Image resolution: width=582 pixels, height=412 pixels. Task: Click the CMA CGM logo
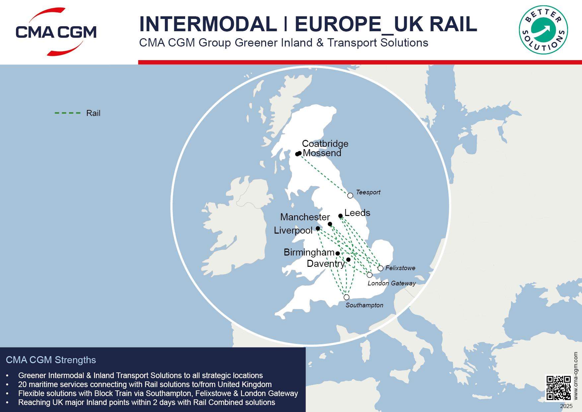pyautogui.click(x=56, y=32)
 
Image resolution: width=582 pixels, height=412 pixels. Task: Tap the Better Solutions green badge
pyautogui.click(x=543, y=30)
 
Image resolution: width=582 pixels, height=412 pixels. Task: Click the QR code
pyautogui.click(x=558, y=387)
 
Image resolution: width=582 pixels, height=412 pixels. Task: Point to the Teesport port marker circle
pyautogui.click(x=350, y=195)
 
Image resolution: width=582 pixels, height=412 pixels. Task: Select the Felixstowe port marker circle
pyautogui.click(x=380, y=268)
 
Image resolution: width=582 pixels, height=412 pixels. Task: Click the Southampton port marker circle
pyautogui.click(x=346, y=297)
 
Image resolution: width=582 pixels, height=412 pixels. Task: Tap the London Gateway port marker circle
pyautogui.click(x=369, y=275)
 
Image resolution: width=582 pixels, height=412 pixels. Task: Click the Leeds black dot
pyautogui.click(x=340, y=216)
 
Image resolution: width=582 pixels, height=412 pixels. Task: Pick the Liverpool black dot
pyautogui.click(x=318, y=228)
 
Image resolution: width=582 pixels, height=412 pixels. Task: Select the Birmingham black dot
pyautogui.click(x=337, y=253)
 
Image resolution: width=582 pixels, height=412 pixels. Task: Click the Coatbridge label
pyautogui.click(x=325, y=144)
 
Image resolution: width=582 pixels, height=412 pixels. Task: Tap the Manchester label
pyautogui.click(x=305, y=217)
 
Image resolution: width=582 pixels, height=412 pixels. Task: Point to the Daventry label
pyautogui.click(x=326, y=263)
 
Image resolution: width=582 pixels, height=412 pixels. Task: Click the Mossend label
pyautogui.click(x=322, y=153)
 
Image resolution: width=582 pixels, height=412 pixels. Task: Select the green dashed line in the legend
pyautogui.click(x=68, y=113)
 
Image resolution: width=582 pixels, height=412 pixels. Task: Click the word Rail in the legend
pyautogui.click(x=93, y=113)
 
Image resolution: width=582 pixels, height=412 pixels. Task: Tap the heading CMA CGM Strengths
pyautogui.click(x=51, y=360)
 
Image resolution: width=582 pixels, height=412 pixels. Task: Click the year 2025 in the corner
pyautogui.click(x=566, y=406)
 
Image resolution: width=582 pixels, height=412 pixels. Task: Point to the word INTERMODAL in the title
pyautogui.click(x=208, y=24)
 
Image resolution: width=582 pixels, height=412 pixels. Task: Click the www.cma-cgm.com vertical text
pyautogui.click(x=575, y=375)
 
